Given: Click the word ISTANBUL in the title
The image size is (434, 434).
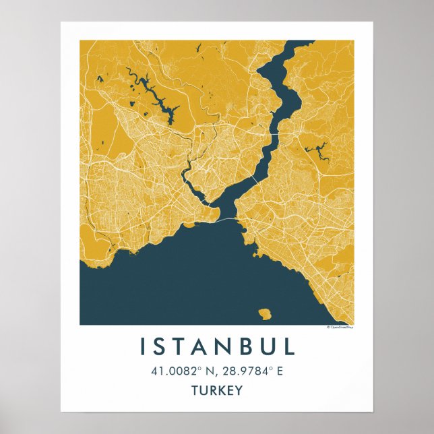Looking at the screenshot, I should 217,346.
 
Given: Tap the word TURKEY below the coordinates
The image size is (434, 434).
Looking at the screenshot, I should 217,390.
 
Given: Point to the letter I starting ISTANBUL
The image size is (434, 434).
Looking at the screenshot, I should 142,346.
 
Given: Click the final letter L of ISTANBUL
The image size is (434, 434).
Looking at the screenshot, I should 289,346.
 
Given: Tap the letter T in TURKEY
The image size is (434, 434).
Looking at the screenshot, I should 195,390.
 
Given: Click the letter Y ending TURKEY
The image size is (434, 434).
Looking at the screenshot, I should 239,390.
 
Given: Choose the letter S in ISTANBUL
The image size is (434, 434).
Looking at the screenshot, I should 160,346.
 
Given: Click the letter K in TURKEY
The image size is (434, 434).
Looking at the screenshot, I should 221,390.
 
